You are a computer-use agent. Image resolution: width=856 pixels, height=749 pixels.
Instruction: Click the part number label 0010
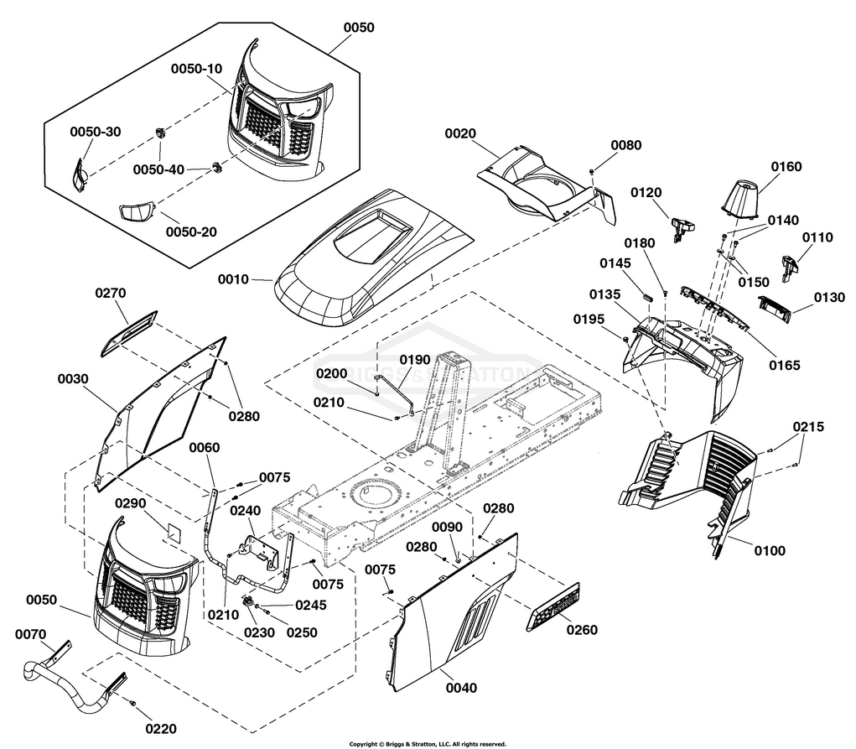click(x=233, y=279)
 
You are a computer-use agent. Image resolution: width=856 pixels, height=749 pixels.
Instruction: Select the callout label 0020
click(x=460, y=134)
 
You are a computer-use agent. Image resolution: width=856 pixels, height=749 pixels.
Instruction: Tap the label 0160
click(x=786, y=167)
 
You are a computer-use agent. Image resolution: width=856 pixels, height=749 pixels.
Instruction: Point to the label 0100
click(x=770, y=551)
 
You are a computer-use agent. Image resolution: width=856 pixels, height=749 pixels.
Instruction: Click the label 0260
click(x=582, y=630)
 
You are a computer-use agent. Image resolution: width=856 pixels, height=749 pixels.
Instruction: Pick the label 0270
click(x=111, y=294)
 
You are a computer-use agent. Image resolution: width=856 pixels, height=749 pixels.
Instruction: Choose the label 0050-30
click(x=96, y=133)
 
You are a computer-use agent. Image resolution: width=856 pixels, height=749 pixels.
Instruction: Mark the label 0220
click(x=161, y=729)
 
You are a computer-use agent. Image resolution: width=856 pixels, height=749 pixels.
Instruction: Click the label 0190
click(x=415, y=360)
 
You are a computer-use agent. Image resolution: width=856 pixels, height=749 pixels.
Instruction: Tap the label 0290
click(x=130, y=503)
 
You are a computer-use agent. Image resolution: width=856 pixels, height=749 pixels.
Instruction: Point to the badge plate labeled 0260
click(x=553, y=607)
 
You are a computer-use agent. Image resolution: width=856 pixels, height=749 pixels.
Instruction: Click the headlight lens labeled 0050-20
click(x=137, y=212)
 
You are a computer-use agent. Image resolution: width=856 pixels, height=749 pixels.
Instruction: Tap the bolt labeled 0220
click(x=132, y=702)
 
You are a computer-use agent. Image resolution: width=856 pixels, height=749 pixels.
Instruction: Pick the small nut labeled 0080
click(x=592, y=172)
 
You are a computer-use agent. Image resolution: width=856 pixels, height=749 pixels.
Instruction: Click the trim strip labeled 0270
click(x=129, y=334)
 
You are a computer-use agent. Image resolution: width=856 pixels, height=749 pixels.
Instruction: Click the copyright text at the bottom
click(x=428, y=744)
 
